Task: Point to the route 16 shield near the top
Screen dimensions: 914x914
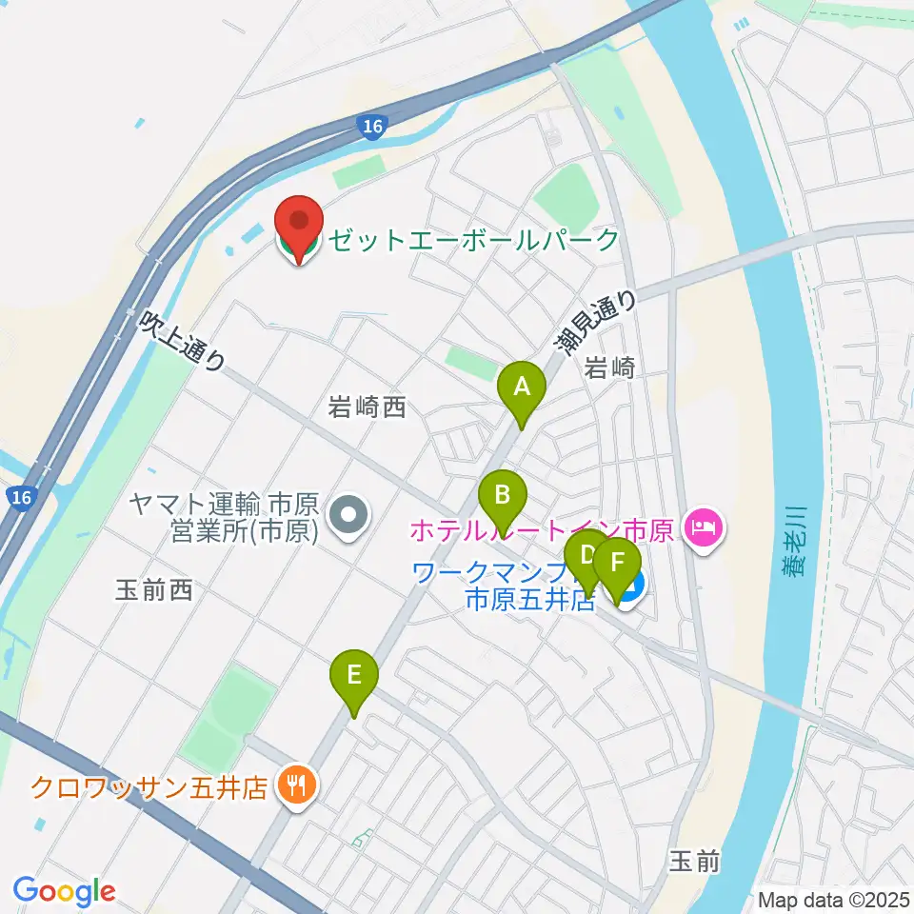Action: (373, 127)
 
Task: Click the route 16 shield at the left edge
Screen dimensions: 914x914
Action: (20, 496)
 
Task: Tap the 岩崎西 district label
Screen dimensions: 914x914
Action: (367, 408)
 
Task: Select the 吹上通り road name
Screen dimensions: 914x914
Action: (183, 340)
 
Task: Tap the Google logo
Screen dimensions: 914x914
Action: (64, 892)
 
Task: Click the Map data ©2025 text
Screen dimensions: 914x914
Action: (835, 900)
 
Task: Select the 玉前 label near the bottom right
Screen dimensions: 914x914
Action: (693, 862)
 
